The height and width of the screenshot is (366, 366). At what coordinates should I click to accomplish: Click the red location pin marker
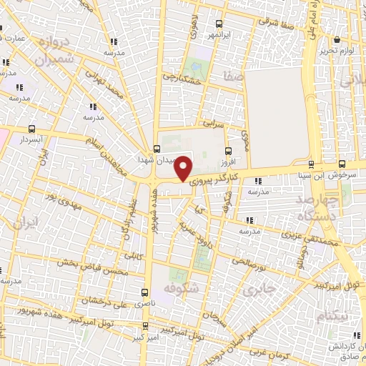pyautogui.click(x=184, y=168)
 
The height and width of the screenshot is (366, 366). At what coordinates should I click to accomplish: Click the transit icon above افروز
pyautogui.click(x=228, y=151)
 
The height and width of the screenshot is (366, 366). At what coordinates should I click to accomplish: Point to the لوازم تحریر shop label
pyautogui.click(x=337, y=50)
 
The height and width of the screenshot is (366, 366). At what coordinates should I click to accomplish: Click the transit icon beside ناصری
pyautogui.click(x=146, y=292)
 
